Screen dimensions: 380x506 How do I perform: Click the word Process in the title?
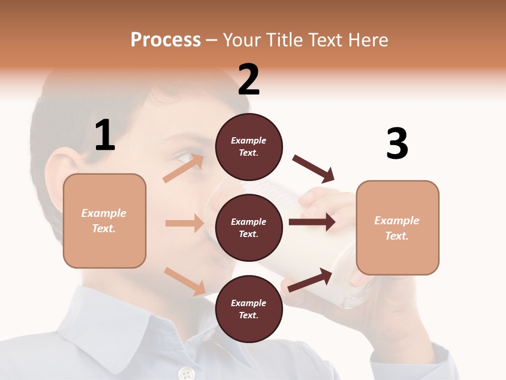pyautogui.click(x=166, y=40)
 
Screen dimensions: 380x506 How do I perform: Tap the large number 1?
pyautogui.click(x=105, y=135)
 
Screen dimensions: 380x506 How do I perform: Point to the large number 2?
pyautogui.click(x=249, y=80)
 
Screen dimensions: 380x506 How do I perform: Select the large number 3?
pyautogui.click(x=397, y=144)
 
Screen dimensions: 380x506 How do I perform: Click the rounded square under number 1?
pyautogui.click(x=104, y=221)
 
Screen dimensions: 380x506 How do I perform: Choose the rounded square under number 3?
pyautogui.click(x=397, y=227)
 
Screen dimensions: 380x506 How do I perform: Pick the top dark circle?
pyautogui.click(x=249, y=147)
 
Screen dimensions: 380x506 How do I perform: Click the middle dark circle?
pyautogui.click(x=249, y=227)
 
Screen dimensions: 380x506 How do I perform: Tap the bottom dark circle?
pyautogui.click(x=249, y=309)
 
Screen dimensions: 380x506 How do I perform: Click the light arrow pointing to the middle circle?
pyautogui.click(x=184, y=223)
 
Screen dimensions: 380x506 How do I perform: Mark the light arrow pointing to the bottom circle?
pyautogui.click(x=184, y=281)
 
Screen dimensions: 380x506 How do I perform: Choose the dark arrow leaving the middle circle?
pyautogui.click(x=312, y=222)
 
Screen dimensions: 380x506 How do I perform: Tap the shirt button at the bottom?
pyautogui.click(x=186, y=374)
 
